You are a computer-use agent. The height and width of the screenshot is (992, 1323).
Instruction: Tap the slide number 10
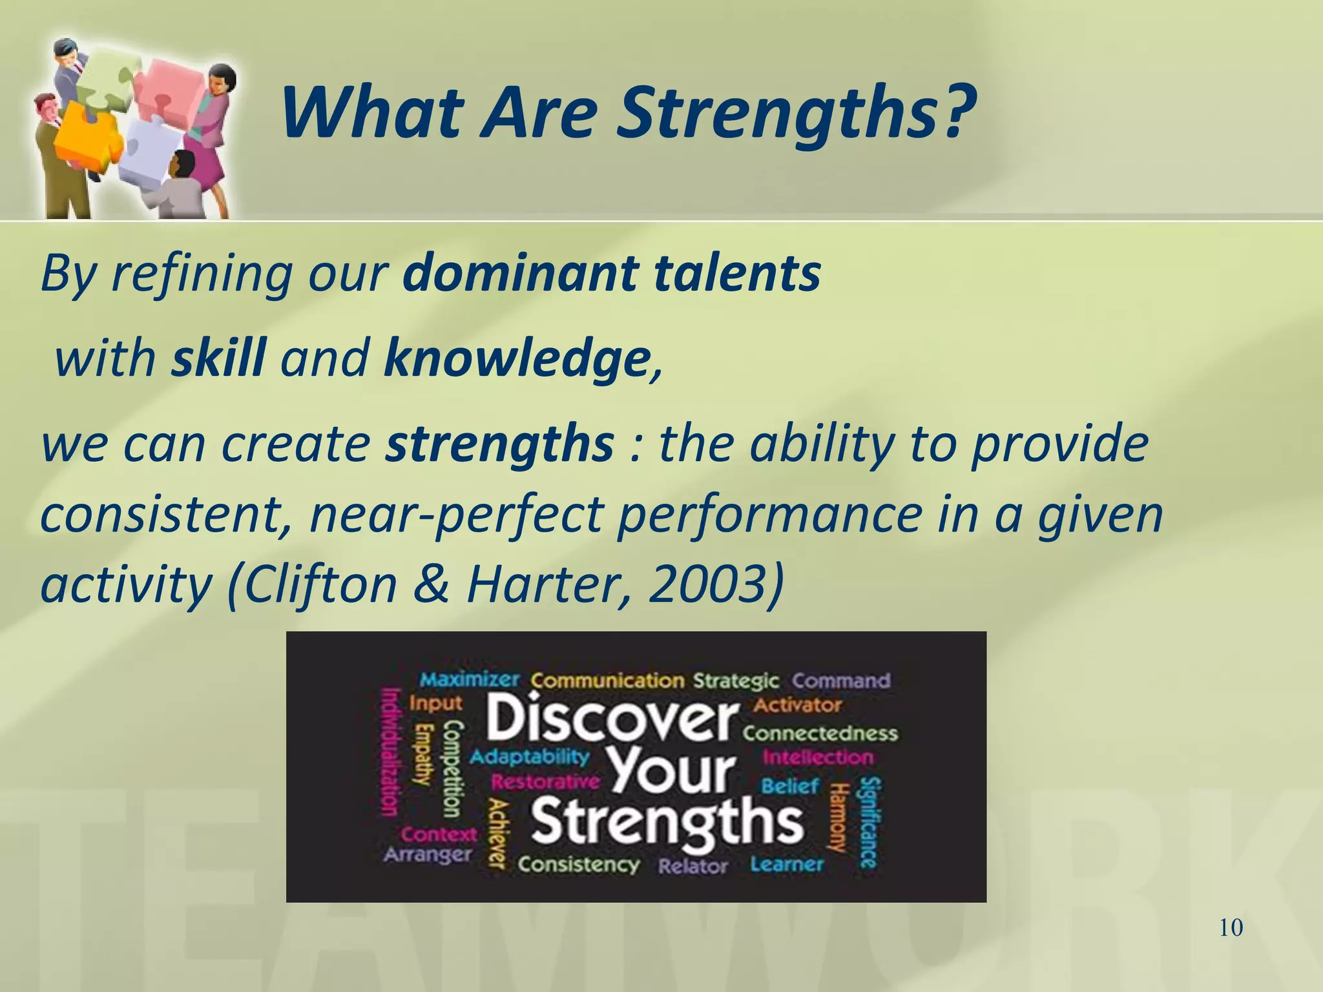click(x=1231, y=928)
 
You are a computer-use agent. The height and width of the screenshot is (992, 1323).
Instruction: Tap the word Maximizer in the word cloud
click(x=470, y=679)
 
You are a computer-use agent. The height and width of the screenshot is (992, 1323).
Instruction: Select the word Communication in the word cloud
click(x=607, y=681)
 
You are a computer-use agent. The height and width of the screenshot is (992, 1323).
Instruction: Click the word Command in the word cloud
click(x=841, y=681)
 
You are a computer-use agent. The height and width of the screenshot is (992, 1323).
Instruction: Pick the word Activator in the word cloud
click(x=797, y=705)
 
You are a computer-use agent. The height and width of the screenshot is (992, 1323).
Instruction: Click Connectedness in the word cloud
click(x=820, y=733)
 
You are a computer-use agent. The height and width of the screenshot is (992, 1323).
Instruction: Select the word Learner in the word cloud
click(x=787, y=864)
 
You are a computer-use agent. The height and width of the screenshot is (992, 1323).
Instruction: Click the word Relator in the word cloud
click(x=693, y=866)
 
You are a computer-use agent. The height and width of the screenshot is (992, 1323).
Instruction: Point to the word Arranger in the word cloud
click(x=428, y=854)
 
